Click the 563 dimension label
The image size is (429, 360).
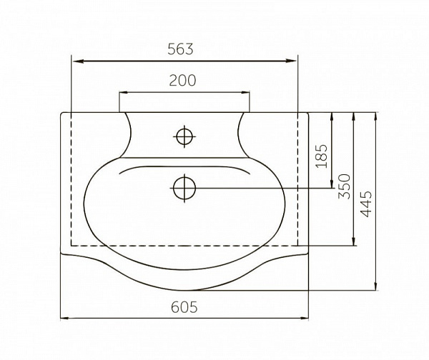pos(180,49)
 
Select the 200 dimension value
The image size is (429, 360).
pos(182,81)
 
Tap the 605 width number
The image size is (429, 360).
pos(184,307)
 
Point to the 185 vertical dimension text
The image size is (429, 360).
pos(321,156)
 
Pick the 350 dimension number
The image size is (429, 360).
pos(344,186)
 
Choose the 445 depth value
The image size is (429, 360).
pos(366,204)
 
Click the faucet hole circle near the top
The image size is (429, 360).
pos(184,136)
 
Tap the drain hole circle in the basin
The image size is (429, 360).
pos(184,188)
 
